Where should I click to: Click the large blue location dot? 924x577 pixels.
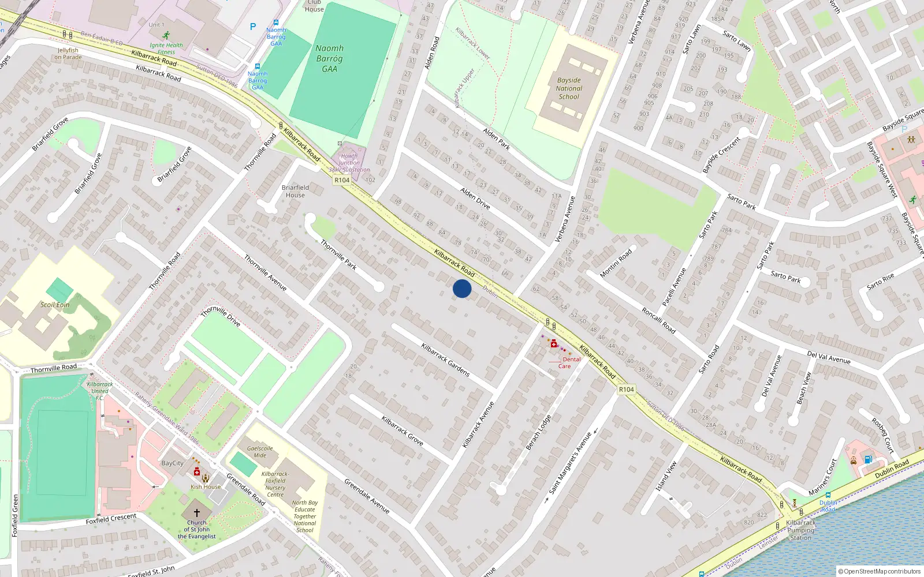(x=462, y=288)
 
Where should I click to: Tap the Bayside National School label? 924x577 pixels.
(x=569, y=89)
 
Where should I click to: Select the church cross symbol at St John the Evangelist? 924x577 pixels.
(x=196, y=512)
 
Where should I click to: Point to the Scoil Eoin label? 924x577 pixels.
(x=55, y=305)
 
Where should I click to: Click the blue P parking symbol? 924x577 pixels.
(x=253, y=27)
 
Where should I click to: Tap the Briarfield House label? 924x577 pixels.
(x=295, y=191)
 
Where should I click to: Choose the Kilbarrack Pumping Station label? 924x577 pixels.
(x=801, y=530)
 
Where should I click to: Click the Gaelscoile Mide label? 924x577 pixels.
(x=260, y=452)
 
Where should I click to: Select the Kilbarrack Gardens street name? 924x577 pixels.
(x=445, y=360)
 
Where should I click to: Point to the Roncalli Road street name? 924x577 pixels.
(x=658, y=320)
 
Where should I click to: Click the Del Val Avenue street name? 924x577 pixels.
(x=829, y=357)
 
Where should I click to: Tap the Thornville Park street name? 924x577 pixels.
(x=338, y=255)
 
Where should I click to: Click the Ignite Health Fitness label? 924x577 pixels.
(x=166, y=48)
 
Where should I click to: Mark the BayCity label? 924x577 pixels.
(x=172, y=463)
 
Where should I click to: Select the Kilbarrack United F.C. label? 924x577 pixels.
(x=100, y=391)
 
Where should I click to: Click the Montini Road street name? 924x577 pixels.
(x=616, y=263)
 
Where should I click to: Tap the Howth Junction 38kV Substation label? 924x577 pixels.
(x=349, y=163)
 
